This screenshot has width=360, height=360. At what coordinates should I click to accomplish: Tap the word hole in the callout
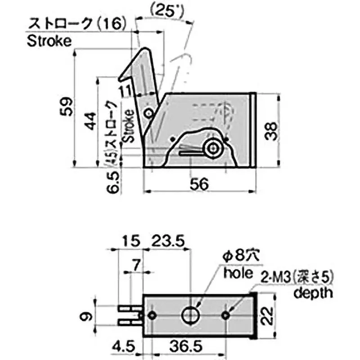(x=238, y=273)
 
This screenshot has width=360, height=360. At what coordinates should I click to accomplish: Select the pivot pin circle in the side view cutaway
(x=212, y=148)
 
